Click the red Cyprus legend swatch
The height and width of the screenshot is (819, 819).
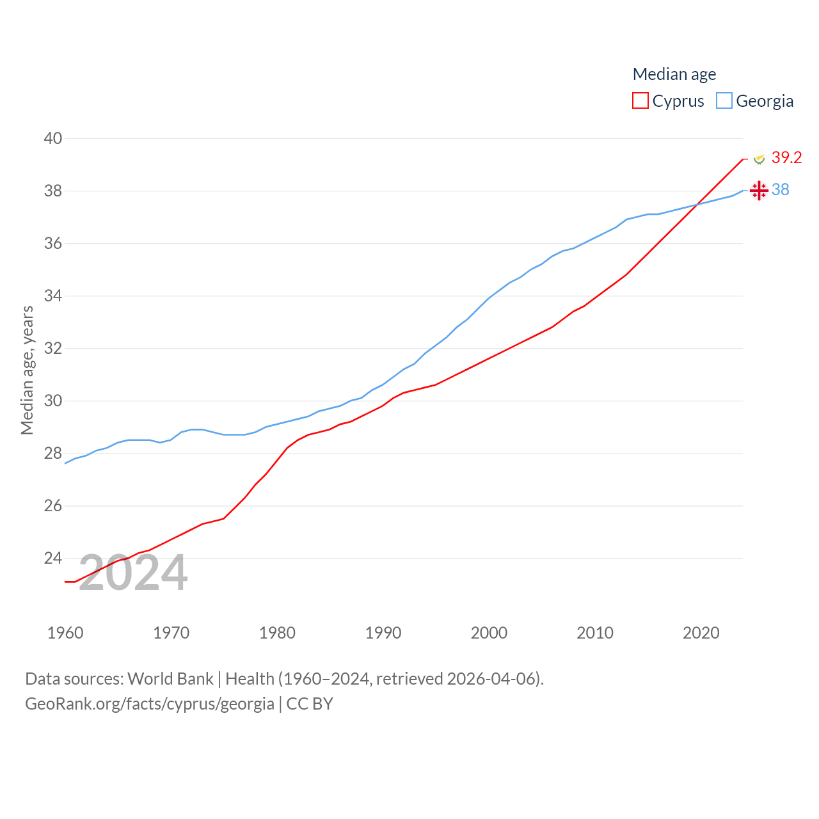pyautogui.click(x=640, y=101)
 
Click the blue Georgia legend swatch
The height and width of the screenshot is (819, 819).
pyautogui.click(x=724, y=101)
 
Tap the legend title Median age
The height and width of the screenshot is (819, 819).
pyautogui.click(x=674, y=74)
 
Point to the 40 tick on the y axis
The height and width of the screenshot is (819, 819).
pyautogui.click(x=53, y=138)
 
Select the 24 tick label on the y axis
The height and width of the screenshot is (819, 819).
pyautogui.click(x=53, y=559)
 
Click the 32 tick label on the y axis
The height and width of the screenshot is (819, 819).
pyautogui.click(x=53, y=349)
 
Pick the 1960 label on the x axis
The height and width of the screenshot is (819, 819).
pyautogui.click(x=65, y=633)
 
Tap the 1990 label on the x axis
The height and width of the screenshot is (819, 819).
pyautogui.click(x=383, y=633)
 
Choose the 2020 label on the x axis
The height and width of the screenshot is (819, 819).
pyautogui.click(x=701, y=633)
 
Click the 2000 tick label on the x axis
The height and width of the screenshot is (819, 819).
pyautogui.click(x=489, y=633)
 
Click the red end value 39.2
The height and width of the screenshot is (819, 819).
pyautogui.click(x=786, y=157)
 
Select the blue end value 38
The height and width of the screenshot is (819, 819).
pyautogui.click(x=780, y=190)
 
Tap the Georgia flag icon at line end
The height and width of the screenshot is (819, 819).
pyautogui.click(x=759, y=191)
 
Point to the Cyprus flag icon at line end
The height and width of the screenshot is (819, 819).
pyautogui.click(x=759, y=158)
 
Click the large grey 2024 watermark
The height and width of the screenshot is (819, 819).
pyautogui.click(x=133, y=573)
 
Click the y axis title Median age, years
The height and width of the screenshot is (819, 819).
pyautogui.click(x=27, y=370)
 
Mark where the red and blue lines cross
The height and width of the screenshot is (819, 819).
pyautogui.click(x=697, y=204)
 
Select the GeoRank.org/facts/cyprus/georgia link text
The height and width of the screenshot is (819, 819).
pyautogui.click(x=150, y=704)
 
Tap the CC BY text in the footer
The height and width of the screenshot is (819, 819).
pyautogui.click(x=310, y=704)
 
